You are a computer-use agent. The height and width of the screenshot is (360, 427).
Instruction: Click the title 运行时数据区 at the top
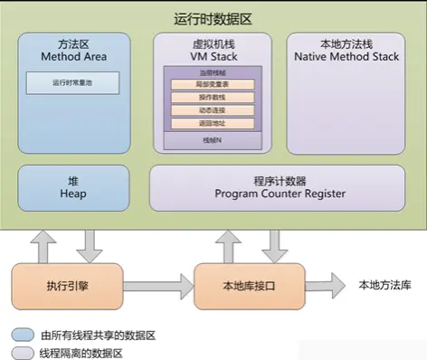[213, 17]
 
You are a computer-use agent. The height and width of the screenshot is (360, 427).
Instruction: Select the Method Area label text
[75, 56]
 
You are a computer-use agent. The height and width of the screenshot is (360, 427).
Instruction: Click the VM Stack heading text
[213, 56]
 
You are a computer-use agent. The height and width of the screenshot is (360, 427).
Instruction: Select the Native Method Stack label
[346, 56]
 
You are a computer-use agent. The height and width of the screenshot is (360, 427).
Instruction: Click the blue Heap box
[75, 186]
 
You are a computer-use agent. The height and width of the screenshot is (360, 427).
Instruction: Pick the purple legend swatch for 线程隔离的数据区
[21, 352]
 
